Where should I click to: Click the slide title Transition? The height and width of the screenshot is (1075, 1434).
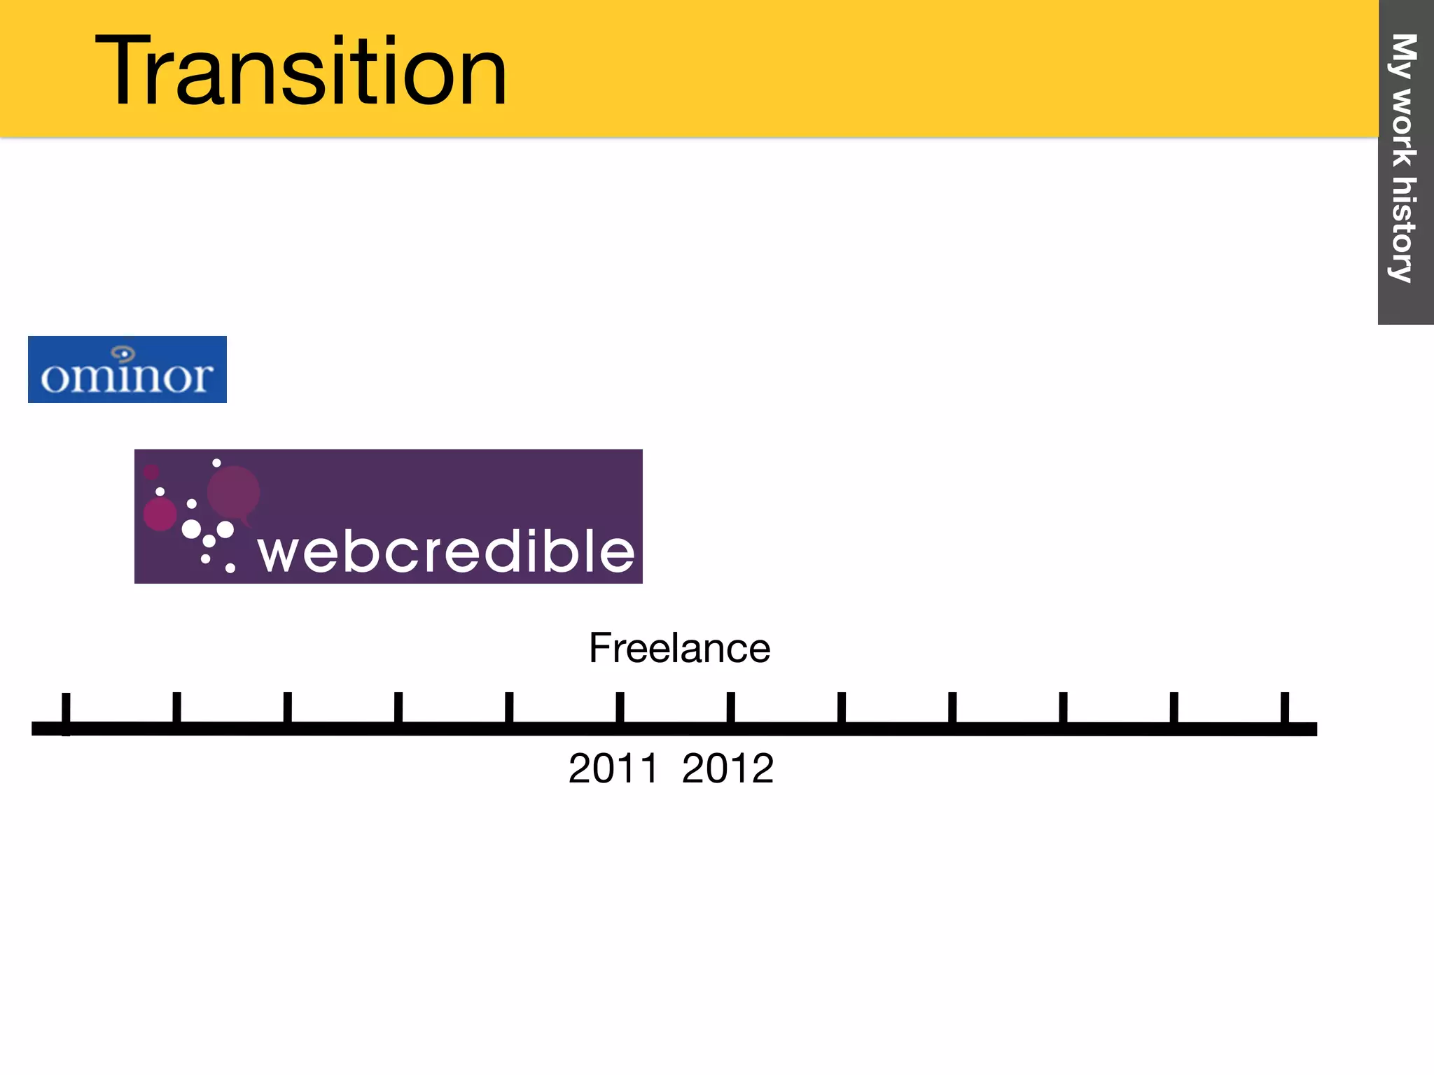coord(301,71)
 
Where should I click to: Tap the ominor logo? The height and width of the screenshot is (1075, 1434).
coord(127,370)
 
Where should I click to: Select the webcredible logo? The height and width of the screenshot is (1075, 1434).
coord(388,517)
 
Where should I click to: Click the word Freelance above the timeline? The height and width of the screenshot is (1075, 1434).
coord(679,648)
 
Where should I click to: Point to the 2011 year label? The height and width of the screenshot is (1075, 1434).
coord(613,768)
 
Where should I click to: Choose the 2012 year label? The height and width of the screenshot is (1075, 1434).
coord(728,768)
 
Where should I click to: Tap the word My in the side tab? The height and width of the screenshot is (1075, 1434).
coord(1403,56)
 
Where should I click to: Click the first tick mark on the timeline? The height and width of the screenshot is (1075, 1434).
coord(66,710)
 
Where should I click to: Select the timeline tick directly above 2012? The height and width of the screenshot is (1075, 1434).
coord(730,708)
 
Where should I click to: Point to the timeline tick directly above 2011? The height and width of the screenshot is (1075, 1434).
coord(620,708)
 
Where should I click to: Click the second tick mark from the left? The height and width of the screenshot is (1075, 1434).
coord(176,708)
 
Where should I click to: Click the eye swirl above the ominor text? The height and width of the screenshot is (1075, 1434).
coord(123,353)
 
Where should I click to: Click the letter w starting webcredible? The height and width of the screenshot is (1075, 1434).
coord(280,553)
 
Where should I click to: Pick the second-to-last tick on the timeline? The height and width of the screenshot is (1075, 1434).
coord(1174,708)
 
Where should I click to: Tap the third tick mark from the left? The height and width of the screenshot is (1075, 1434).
coord(287,708)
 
